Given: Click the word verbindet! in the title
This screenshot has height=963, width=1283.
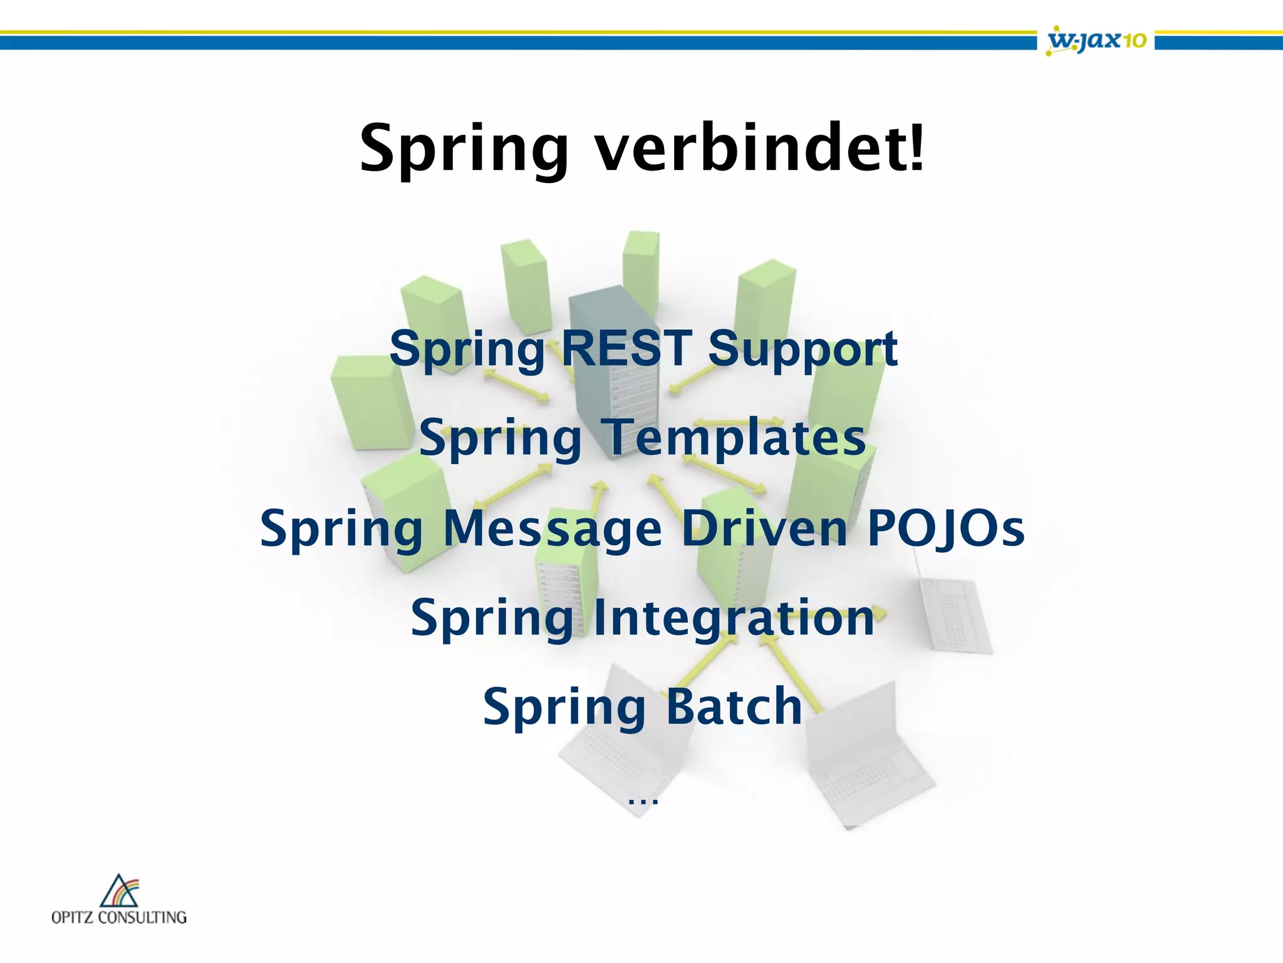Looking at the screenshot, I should click(759, 148).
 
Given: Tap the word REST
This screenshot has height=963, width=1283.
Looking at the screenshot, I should click(626, 348).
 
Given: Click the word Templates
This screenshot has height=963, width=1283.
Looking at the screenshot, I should click(733, 438).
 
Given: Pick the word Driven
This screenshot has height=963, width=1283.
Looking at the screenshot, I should click(765, 528).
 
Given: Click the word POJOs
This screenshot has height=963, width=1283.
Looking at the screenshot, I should click(946, 528).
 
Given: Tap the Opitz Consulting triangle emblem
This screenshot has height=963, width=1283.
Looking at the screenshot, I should click(119, 891).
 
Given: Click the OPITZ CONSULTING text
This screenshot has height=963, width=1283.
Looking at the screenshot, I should click(119, 917).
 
